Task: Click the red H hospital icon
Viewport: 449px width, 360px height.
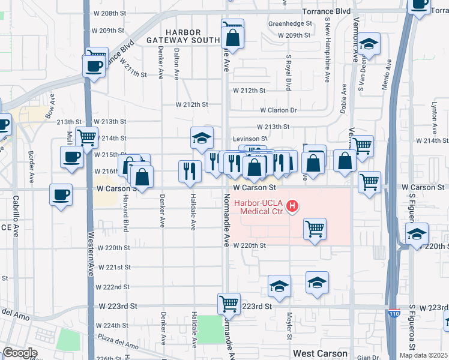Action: coord(292,207)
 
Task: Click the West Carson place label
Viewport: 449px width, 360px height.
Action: coord(320,353)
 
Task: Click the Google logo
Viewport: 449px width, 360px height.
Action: coord(19,353)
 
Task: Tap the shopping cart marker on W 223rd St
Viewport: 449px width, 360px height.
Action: coord(229,303)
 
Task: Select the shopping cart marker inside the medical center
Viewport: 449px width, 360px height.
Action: coord(315,229)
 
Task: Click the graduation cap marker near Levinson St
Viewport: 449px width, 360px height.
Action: coord(202,137)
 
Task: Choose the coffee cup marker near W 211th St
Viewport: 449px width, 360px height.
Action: coord(95,64)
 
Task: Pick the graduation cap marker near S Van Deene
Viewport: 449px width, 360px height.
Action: coord(369,43)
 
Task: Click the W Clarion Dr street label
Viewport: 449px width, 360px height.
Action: coord(279,110)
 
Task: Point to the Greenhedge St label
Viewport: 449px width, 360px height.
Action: coord(291,24)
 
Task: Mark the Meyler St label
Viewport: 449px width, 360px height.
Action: coord(289,324)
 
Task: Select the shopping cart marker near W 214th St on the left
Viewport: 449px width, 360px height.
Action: coord(88,137)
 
